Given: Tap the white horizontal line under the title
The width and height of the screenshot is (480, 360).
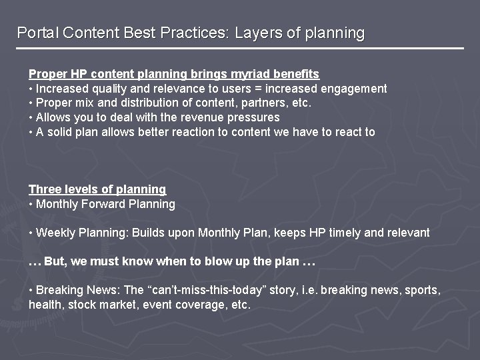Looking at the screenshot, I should point(240,49).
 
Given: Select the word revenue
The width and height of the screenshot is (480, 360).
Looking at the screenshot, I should point(183,118).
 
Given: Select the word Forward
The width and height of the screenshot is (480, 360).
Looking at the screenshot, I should point(103,204).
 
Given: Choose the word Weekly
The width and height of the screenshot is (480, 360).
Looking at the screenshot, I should point(55,233).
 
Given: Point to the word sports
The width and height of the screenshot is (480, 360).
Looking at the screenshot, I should point(423,291).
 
